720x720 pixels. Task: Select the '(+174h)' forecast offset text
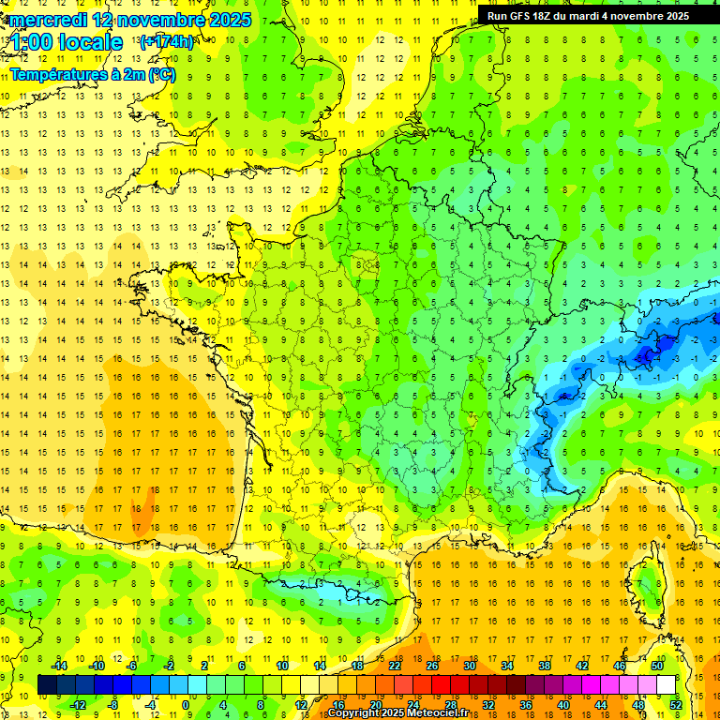[x=166, y=41]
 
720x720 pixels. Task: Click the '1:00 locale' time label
[x=67, y=42]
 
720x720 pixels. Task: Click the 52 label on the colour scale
[x=676, y=704]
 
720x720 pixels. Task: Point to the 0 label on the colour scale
[x=187, y=704]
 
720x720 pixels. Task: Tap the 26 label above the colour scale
[x=432, y=666]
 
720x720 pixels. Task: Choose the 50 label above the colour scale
[x=657, y=666]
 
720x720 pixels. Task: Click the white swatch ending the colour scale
[x=667, y=685]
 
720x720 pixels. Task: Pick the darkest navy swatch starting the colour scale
[x=47, y=685]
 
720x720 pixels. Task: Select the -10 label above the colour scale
[x=96, y=666]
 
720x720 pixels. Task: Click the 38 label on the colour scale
[x=545, y=666]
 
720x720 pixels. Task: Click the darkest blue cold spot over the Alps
[x=645, y=354]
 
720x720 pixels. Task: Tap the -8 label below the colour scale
[x=112, y=704]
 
